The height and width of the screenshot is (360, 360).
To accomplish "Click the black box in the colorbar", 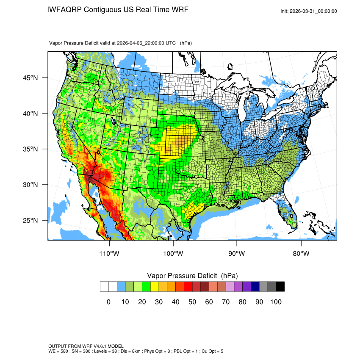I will [x=280, y=287].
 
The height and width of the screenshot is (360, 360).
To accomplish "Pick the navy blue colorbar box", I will [x=255, y=287].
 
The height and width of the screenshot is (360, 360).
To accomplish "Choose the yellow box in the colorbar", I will [x=155, y=287].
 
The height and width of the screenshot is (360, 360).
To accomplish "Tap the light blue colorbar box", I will [x=121, y=287].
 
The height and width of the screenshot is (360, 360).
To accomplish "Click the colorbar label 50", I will [x=192, y=302].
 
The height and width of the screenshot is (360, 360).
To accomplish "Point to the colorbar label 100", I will [x=276, y=302].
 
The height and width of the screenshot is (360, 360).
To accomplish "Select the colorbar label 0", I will [x=108, y=302].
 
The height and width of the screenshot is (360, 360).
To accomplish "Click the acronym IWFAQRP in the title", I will [x=65, y=9].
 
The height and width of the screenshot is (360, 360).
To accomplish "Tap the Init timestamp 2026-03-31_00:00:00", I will [x=314, y=11].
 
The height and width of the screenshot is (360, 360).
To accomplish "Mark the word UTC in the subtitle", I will [x=171, y=43].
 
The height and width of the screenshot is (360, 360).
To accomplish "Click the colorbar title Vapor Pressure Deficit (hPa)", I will [x=192, y=276].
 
